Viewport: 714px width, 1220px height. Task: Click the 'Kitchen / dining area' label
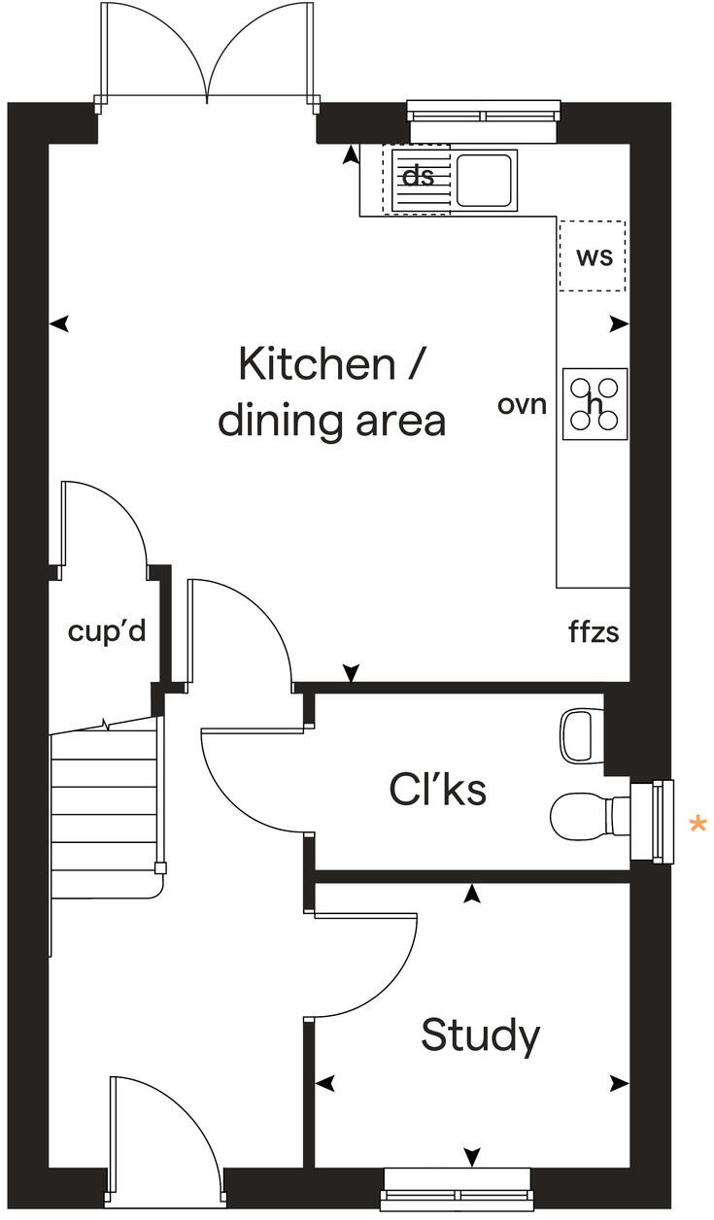point(331,392)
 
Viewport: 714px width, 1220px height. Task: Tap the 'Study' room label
point(480,1035)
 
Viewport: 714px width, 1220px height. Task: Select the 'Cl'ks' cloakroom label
point(437,790)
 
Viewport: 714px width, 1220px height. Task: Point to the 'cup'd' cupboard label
point(107,631)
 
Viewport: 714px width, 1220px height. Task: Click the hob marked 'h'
point(595,403)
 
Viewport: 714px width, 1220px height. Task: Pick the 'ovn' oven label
point(523,404)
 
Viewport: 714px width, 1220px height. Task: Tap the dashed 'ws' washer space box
point(593,256)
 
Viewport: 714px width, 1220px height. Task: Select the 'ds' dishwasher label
point(418,177)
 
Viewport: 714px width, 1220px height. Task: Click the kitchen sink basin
point(484,180)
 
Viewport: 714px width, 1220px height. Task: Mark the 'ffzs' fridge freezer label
point(594,633)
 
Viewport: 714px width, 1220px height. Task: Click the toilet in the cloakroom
point(583,815)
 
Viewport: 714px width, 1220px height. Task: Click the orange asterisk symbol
point(697,826)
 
